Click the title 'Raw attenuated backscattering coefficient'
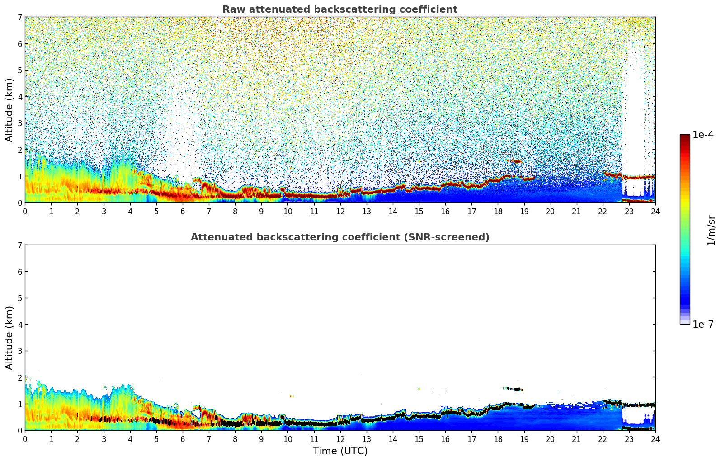339,9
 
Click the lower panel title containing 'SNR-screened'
339,237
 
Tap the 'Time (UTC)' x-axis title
340,451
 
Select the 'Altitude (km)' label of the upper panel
9,110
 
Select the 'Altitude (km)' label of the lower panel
9,338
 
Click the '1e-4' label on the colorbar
703,135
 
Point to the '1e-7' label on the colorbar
703,325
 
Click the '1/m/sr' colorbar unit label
711,230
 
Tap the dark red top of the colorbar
685,136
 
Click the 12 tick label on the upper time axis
340,212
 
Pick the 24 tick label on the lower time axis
655,439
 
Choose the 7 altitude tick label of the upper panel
19,18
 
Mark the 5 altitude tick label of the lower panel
19,298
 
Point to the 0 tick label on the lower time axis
25,439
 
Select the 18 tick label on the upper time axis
498,212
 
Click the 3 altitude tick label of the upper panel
19,123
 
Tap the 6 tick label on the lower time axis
183,439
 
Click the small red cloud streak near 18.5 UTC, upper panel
514,161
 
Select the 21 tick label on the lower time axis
576,439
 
